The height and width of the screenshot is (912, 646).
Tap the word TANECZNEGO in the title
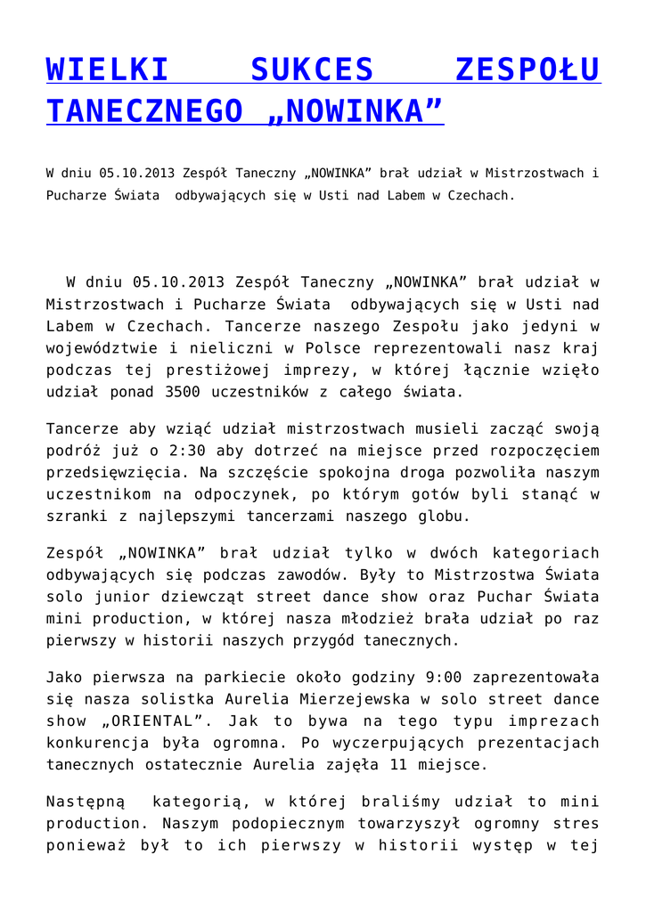pyautogui.click(x=144, y=111)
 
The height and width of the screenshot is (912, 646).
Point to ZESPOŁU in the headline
pyautogui.click(x=527, y=69)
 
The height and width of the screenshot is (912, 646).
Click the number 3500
pyautogui.click(x=187, y=391)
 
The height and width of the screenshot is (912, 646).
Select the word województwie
pyautogui.click(x=105, y=348)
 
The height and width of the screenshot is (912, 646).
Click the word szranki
pyautogui.click(x=76, y=515)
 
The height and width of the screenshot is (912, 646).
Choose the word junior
pyautogui.click(x=120, y=597)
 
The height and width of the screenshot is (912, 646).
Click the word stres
pyautogui.click(x=577, y=824)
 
